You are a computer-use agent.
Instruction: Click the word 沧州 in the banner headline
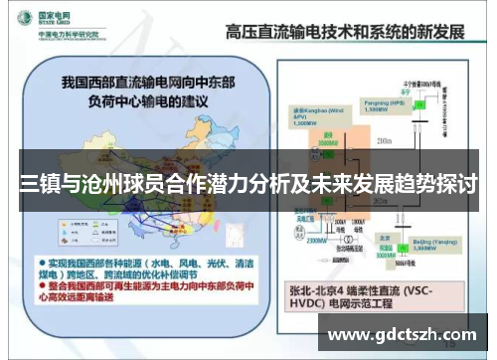[114, 184]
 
